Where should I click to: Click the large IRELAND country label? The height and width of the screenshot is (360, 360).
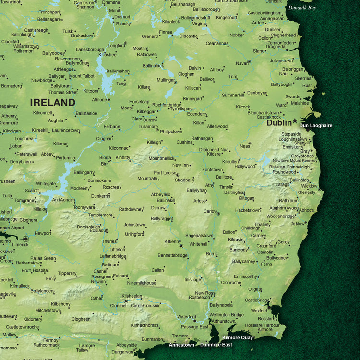pyautogui.click(x=53, y=102)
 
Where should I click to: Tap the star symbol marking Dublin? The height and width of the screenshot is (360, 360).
pyautogui.click(x=295, y=122)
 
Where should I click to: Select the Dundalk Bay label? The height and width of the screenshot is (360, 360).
pyautogui.click(x=302, y=8)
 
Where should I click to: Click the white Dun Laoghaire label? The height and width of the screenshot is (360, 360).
pyautogui.click(x=315, y=126)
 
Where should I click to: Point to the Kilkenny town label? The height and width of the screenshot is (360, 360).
pyautogui.click(x=172, y=241)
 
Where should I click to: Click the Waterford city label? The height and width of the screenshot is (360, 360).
pyautogui.click(x=187, y=317)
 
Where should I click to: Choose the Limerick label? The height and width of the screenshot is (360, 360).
pyautogui.click(x=21, y=244)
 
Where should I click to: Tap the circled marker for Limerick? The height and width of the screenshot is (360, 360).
pyautogui.click(x=26, y=238)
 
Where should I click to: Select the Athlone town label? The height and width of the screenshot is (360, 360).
pyautogui.click(x=99, y=100)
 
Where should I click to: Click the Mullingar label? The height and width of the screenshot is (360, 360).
pyautogui.click(x=166, y=80)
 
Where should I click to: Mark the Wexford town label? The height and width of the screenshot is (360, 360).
pyautogui.click(x=259, y=311)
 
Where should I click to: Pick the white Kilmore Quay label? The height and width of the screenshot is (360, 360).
pyautogui.click(x=238, y=338)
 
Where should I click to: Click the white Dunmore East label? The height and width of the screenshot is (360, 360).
pyautogui.click(x=216, y=345)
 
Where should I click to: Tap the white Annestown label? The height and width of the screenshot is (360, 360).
pyautogui.click(x=181, y=345)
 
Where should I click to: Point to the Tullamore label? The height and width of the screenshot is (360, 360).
pyautogui.click(x=148, y=126)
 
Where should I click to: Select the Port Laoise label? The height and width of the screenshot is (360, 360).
pyautogui.click(x=166, y=173)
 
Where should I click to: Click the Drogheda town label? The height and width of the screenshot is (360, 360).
pyautogui.click(x=276, y=47)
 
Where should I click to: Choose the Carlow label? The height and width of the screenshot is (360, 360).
pyautogui.click(x=210, y=211)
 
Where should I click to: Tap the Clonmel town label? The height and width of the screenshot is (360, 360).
pyautogui.click(x=118, y=305)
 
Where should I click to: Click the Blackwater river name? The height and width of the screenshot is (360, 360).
pyautogui.click(x=80, y=336)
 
